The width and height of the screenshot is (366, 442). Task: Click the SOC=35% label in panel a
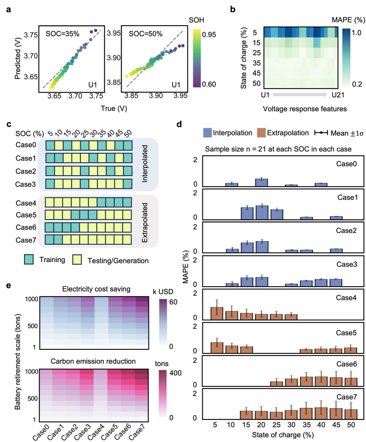(x=62, y=34)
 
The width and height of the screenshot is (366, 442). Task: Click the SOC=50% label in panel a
(x=145, y=34)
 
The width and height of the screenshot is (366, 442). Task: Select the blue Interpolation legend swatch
(x=207, y=133)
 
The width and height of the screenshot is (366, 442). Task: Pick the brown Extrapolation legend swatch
(x=261, y=133)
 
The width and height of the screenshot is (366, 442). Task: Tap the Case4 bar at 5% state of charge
(x=217, y=313)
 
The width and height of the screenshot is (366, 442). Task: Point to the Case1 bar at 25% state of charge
(x=277, y=215)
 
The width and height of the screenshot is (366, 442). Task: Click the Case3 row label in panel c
(x=26, y=184)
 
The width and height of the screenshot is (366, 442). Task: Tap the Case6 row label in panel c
(x=26, y=227)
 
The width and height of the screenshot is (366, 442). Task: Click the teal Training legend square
(x=29, y=259)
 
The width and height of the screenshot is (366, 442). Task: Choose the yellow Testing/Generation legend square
(x=77, y=260)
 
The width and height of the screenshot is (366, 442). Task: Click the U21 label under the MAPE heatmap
(x=338, y=95)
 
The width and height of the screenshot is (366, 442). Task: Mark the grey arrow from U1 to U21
(x=300, y=94)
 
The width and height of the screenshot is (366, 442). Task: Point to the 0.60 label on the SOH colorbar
(x=209, y=84)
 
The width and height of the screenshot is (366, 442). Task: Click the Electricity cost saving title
(x=96, y=289)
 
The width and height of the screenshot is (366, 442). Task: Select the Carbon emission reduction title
(x=93, y=361)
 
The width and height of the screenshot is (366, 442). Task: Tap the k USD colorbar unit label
(x=163, y=291)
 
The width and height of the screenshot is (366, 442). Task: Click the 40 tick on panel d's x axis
(x=321, y=425)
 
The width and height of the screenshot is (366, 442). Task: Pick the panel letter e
(x=9, y=285)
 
